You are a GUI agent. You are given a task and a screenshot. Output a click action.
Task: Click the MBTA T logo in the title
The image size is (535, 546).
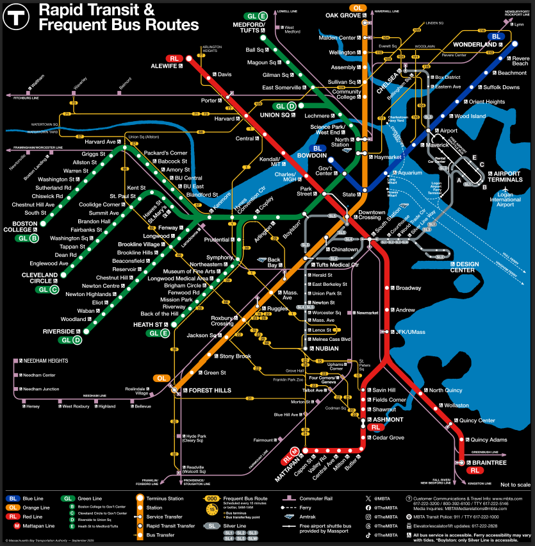(x=15, y=18)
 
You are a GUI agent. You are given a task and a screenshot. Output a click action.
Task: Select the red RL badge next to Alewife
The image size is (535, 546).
(x=174, y=58)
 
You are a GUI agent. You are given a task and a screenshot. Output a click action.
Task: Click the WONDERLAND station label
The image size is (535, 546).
(x=475, y=45)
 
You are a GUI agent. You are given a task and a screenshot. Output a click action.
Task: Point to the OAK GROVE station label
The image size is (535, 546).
(x=344, y=15)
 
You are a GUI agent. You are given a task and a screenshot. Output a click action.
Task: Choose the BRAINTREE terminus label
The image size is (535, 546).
(x=490, y=462)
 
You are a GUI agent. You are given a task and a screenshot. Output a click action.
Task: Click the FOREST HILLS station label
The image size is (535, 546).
(x=210, y=390)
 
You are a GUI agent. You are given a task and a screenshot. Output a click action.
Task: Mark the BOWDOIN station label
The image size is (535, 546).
(x=312, y=156)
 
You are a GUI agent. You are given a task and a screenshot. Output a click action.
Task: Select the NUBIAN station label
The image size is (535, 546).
(x=327, y=348)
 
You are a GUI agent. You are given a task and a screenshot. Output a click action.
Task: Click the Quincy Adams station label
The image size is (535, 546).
(x=489, y=440)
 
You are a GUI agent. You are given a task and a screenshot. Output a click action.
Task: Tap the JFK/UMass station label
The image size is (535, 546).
(x=410, y=331)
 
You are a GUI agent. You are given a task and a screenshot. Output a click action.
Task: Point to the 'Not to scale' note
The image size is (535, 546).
(x=514, y=484)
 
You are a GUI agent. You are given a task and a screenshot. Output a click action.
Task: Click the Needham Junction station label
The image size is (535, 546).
(x=41, y=389)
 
